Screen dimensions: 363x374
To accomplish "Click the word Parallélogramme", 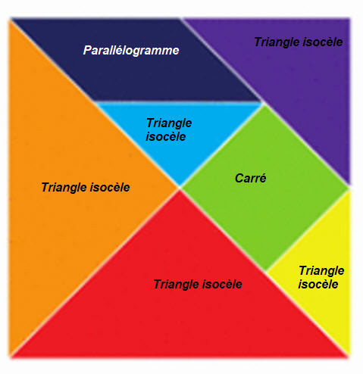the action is point(131,50).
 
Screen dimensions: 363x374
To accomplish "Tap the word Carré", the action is point(250,178).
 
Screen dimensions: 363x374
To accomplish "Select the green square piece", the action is point(264,188).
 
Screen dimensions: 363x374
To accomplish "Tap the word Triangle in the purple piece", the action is point(277,42).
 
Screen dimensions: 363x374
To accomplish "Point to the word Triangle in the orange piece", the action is point(64,188).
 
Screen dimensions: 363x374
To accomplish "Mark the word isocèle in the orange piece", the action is point(110,187).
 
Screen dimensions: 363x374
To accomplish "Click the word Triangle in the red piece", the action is point(177,285).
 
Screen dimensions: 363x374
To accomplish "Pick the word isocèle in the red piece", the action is point(222,284).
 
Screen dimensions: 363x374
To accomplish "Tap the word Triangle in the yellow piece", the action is point(321,271).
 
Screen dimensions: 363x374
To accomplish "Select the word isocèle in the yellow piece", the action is point(318,284).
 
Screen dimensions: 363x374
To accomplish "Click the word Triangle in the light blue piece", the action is point(169,123).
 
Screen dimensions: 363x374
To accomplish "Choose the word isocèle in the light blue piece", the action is point(166,136).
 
